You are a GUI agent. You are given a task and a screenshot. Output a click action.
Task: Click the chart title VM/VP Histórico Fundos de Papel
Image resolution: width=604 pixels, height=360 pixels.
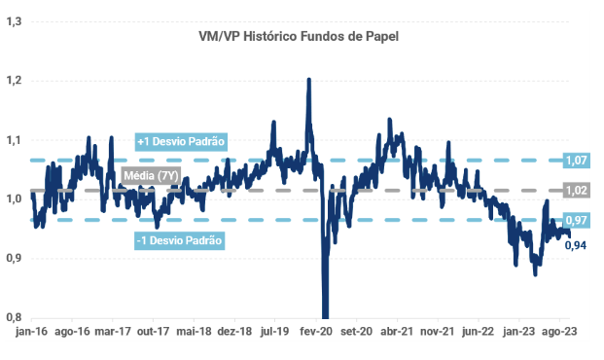[299, 36]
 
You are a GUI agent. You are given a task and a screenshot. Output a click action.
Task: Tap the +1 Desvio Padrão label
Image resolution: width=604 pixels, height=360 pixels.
[181, 141]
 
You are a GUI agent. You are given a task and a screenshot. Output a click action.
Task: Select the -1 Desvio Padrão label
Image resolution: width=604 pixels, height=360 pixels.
[180, 240]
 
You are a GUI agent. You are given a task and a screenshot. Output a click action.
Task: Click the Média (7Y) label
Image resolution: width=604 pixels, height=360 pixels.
[152, 176]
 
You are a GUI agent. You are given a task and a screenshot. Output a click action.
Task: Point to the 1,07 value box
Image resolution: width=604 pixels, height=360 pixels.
[576, 160]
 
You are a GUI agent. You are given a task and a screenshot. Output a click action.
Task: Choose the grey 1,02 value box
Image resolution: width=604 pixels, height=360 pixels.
[576, 190]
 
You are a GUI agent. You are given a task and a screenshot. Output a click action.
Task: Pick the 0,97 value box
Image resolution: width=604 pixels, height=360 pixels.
[576, 220]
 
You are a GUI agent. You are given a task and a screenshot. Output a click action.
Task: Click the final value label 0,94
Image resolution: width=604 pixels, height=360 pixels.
[576, 245]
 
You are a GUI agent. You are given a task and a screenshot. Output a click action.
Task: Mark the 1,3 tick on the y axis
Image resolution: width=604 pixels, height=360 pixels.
[14, 21]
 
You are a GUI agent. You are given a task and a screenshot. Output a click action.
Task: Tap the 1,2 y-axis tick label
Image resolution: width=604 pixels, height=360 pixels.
[14, 81]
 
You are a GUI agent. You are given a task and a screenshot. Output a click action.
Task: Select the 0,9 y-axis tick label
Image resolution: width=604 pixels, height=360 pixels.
[14, 258]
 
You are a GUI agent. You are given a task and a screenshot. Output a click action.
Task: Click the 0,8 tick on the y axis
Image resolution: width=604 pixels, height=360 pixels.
[14, 317]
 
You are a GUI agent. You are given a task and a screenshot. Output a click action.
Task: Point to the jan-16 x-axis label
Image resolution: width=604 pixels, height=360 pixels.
[31, 332]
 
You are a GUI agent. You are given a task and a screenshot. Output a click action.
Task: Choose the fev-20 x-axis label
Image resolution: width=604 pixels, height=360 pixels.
[316, 332]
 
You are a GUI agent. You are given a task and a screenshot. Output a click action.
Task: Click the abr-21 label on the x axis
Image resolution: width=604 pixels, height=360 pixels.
[397, 332]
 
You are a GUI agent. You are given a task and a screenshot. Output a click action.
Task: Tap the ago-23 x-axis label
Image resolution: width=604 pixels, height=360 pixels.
[559, 332]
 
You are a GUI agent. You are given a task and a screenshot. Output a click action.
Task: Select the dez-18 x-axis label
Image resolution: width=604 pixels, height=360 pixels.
[234, 332]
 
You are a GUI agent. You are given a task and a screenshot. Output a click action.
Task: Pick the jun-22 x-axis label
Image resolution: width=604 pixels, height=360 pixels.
[478, 332]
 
